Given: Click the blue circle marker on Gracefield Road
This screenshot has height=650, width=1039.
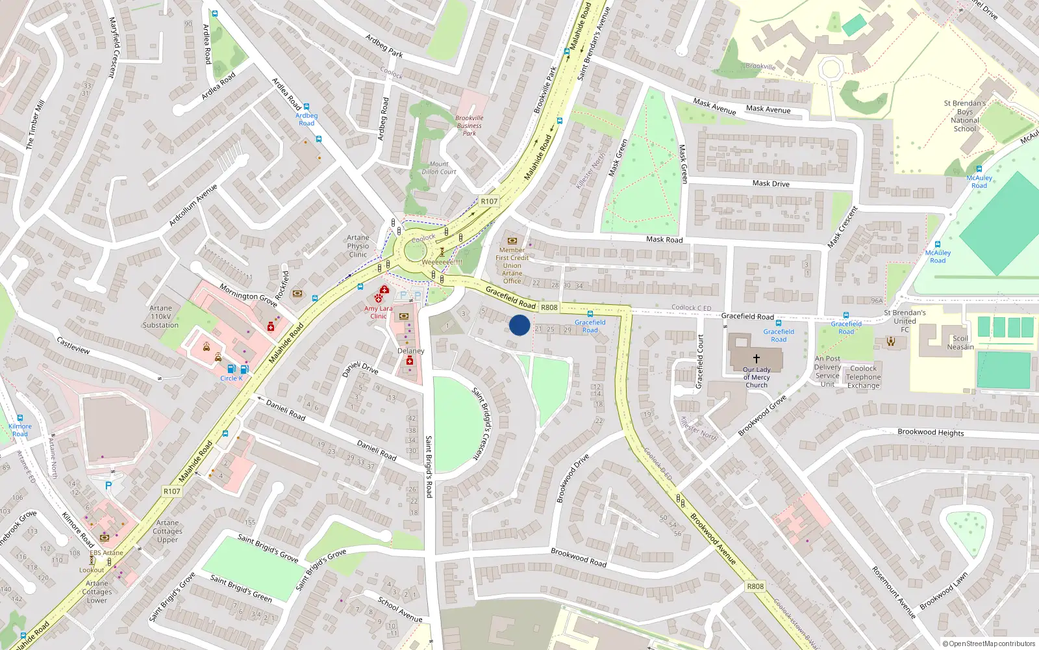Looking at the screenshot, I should coord(519,325).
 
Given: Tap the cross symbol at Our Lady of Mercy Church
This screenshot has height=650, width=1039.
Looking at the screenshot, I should coord(756,358).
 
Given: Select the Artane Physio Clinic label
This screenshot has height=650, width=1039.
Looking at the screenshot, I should coord(358,246).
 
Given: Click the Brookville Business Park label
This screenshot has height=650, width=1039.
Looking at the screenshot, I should coord(469,125).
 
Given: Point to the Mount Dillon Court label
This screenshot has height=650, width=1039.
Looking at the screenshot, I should coord(439,168).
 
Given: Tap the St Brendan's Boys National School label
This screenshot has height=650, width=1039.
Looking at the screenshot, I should coord(964,116).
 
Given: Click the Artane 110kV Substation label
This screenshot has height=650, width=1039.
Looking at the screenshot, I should coord(160,317).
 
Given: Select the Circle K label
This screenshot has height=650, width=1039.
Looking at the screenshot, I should coord(231,378).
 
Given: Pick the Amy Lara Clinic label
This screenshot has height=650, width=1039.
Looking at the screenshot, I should coord(379,313).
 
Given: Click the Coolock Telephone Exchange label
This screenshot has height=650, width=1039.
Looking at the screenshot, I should coord(863,377).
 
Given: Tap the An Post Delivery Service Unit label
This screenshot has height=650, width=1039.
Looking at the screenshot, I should coord(827,371).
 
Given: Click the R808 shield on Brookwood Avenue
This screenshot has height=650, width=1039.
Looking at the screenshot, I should coord(755,586).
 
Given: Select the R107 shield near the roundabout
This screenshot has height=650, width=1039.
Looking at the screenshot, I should coord(489,201).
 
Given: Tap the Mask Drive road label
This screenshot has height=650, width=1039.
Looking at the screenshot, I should coord(771,183).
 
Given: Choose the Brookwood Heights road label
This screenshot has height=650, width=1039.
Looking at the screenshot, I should coord(931,432).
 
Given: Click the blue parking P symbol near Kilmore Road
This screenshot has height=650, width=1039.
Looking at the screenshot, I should coord(108,485).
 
